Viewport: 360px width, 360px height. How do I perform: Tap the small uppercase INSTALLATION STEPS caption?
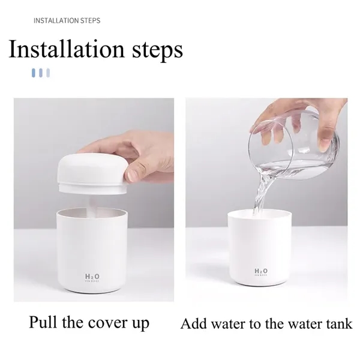point(67,21)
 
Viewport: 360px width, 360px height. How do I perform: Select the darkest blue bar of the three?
point(34,73)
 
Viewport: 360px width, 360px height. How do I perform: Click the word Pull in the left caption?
point(43,322)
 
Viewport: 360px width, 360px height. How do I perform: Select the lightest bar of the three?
point(47,73)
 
